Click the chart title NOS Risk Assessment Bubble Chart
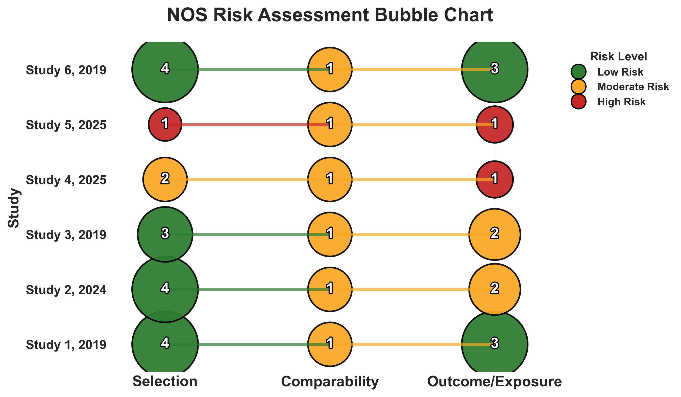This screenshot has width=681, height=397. (x=330, y=15)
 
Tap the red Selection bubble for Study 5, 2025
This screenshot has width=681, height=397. (x=165, y=124)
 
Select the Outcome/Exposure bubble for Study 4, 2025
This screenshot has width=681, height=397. (x=494, y=179)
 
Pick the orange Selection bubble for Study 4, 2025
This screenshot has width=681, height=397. (x=165, y=179)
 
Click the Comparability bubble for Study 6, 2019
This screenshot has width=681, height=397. (x=330, y=69)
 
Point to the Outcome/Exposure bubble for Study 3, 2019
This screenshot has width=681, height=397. (x=494, y=234)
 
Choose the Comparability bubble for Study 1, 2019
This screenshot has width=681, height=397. (x=330, y=344)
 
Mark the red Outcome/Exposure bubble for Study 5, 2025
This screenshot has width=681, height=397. (x=494, y=124)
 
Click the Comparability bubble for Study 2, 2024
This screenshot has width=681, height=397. (x=330, y=289)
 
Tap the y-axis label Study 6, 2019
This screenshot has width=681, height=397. (x=66, y=70)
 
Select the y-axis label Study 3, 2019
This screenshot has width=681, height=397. (x=66, y=235)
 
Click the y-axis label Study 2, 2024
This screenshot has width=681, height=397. (x=66, y=290)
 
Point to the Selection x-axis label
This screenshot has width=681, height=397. (x=165, y=382)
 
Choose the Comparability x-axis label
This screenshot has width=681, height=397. (x=330, y=382)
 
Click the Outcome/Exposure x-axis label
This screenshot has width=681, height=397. (x=494, y=382)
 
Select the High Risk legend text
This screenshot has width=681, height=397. (x=621, y=102)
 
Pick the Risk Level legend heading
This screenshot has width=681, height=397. (x=618, y=56)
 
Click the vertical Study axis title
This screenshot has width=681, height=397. (x=13, y=208)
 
